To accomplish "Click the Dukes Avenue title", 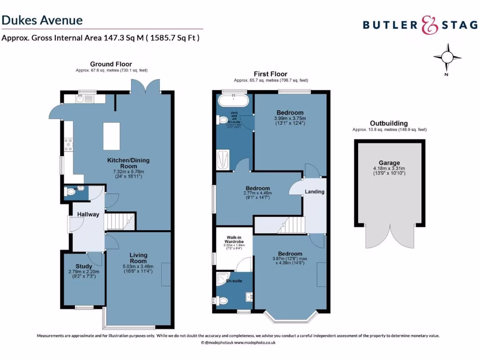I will pyautogui.click(x=42, y=20).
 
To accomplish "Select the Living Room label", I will pyautogui.click(x=138, y=258).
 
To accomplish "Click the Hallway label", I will pyautogui.click(x=88, y=215).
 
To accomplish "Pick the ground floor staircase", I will pyautogui.click(x=119, y=221).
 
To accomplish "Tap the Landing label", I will pyautogui.click(x=315, y=192).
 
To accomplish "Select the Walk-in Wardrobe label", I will pyautogui.click(x=234, y=239).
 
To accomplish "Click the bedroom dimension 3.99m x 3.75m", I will pyautogui.click(x=290, y=119).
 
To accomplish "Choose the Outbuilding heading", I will pyautogui.click(x=389, y=123).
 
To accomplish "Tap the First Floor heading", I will pyautogui.click(x=270, y=74).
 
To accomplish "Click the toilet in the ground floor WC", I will pyautogui.click(x=71, y=191).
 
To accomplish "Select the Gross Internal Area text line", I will pyautogui.click(x=101, y=38).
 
